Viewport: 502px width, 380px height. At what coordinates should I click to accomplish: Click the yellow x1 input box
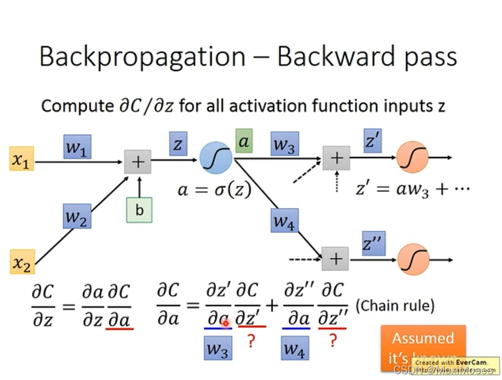pyautogui.click(x=21, y=160)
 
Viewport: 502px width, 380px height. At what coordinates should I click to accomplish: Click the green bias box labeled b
pyautogui.click(x=139, y=210)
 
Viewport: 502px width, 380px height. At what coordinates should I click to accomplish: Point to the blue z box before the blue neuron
pyautogui.click(x=177, y=144)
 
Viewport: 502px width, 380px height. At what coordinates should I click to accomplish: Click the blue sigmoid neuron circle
pyautogui.click(x=216, y=158)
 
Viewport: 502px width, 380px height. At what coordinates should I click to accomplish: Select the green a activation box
pyautogui.click(x=244, y=141)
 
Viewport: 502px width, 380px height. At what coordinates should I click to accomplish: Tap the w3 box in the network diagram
pyautogui.click(x=284, y=144)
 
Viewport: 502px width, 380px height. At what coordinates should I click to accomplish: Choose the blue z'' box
pyautogui.click(x=374, y=244)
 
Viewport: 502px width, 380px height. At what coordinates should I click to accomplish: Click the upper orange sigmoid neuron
pyautogui.click(x=413, y=157)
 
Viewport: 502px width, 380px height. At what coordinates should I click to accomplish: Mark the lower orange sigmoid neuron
pyautogui.click(x=413, y=258)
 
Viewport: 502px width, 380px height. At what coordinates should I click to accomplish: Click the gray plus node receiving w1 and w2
pyautogui.click(x=138, y=161)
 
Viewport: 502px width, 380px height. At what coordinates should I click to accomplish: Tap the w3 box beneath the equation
pyautogui.click(x=218, y=348)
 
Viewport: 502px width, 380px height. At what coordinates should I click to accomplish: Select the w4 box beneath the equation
pyautogui.click(x=295, y=348)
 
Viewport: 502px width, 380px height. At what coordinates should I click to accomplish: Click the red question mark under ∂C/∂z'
pyautogui.click(x=251, y=342)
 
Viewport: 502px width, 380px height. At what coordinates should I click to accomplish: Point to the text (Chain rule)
pyautogui.click(x=394, y=305)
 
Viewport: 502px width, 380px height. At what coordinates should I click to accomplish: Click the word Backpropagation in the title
pyautogui.click(x=142, y=56)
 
